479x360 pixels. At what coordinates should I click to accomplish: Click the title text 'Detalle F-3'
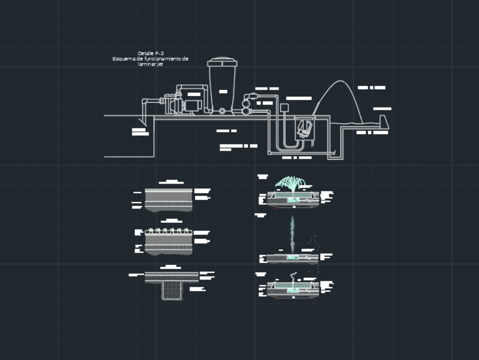tap(150, 53)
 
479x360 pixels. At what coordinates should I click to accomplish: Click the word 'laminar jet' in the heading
tap(150, 64)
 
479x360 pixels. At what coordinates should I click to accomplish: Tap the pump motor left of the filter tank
tap(193, 104)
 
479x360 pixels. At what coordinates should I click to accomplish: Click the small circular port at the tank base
tap(222, 111)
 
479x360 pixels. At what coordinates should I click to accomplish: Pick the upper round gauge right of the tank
tap(247, 102)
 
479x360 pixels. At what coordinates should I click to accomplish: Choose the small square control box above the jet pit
tap(284, 107)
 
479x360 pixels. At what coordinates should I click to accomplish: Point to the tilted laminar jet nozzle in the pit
tap(304, 128)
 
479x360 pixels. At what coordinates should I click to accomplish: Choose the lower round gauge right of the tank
tap(247, 111)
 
